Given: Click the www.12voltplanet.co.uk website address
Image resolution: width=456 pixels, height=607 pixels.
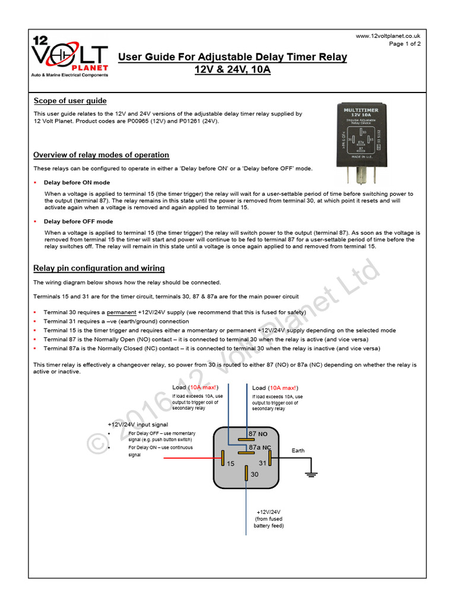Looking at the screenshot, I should [x=388, y=36].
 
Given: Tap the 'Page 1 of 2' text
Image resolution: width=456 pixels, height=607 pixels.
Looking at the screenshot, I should [x=405, y=44].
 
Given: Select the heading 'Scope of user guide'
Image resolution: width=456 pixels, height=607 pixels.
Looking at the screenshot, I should [x=70, y=101].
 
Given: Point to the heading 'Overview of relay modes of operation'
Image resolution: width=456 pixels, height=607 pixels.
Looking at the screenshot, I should [x=101, y=155].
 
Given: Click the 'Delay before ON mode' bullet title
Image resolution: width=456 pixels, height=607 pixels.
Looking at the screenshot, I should [x=77, y=183].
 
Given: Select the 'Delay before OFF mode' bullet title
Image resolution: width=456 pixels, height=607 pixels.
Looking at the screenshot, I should [x=78, y=222].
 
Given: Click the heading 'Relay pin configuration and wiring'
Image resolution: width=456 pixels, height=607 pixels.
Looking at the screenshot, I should [x=99, y=269].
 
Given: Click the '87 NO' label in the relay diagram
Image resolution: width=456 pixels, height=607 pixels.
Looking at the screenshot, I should [x=258, y=435].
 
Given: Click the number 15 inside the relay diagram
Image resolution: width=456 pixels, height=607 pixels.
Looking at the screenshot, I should [x=231, y=463].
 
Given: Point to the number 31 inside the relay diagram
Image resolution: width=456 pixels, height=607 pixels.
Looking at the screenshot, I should [x=262, y=463].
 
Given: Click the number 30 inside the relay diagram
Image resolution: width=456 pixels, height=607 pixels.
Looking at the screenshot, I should [x=254, y=474].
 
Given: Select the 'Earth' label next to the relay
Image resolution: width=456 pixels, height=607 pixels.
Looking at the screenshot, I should [x=298, y=451].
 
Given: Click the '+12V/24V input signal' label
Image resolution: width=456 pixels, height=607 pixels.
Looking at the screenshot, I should [x=138, y=425].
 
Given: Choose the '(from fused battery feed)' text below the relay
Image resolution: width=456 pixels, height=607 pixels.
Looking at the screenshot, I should [x=268, y=522].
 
